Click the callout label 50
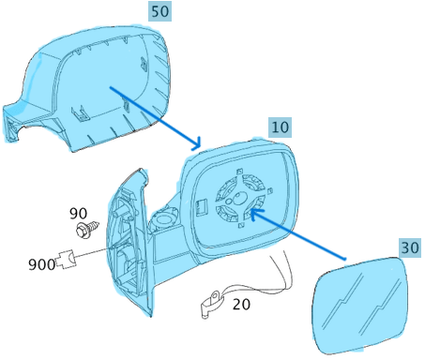(x=159, y=11)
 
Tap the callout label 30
(x=409, y=248)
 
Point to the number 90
(x=79, y=214)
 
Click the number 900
(x=41, y=265)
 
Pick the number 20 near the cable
(x=241, y=304)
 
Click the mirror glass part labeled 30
(x=358, y=306)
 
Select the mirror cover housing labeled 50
(x=103, y=84)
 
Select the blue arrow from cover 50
(x=155, y=117)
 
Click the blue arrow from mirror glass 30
(x=300, y=235)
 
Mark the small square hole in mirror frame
(x=200, y=202)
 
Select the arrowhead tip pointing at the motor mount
(x=250, y=213)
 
